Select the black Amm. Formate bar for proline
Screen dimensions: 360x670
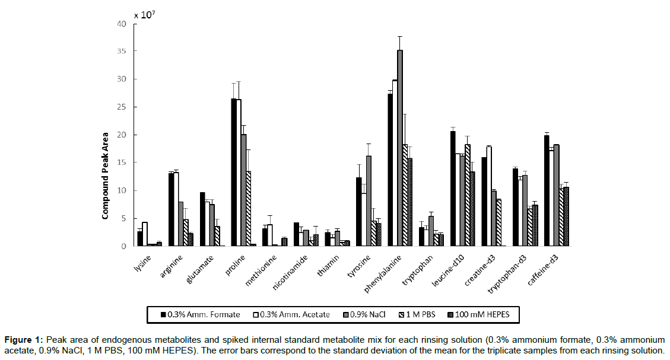234,172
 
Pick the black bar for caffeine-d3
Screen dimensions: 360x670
547,190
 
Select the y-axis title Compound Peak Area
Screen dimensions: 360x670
104,176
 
